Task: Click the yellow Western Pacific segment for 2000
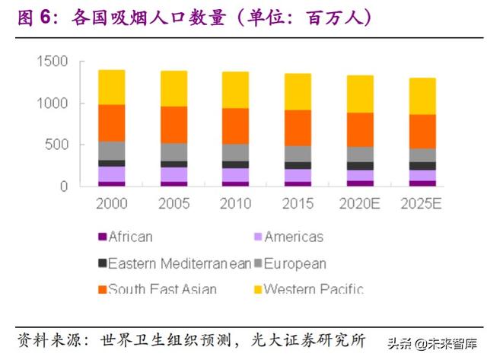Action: coord(112,87)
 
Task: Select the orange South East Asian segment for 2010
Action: coord(236,126)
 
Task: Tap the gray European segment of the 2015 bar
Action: coord(298,153)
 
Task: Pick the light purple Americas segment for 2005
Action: coord(174,174)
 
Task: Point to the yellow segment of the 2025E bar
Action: coord(423,96)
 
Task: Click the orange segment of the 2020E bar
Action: coord(361,129)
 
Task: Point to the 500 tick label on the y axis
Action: coord(57,145)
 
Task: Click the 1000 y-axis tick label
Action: coord(53,104)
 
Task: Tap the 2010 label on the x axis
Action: coord(236,204)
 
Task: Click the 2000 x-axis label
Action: coord(112,204)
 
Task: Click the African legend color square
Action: coord(101,237)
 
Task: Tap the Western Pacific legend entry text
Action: coord(313,289)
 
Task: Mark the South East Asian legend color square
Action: coord(101,290)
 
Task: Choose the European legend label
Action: coord(296,264)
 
